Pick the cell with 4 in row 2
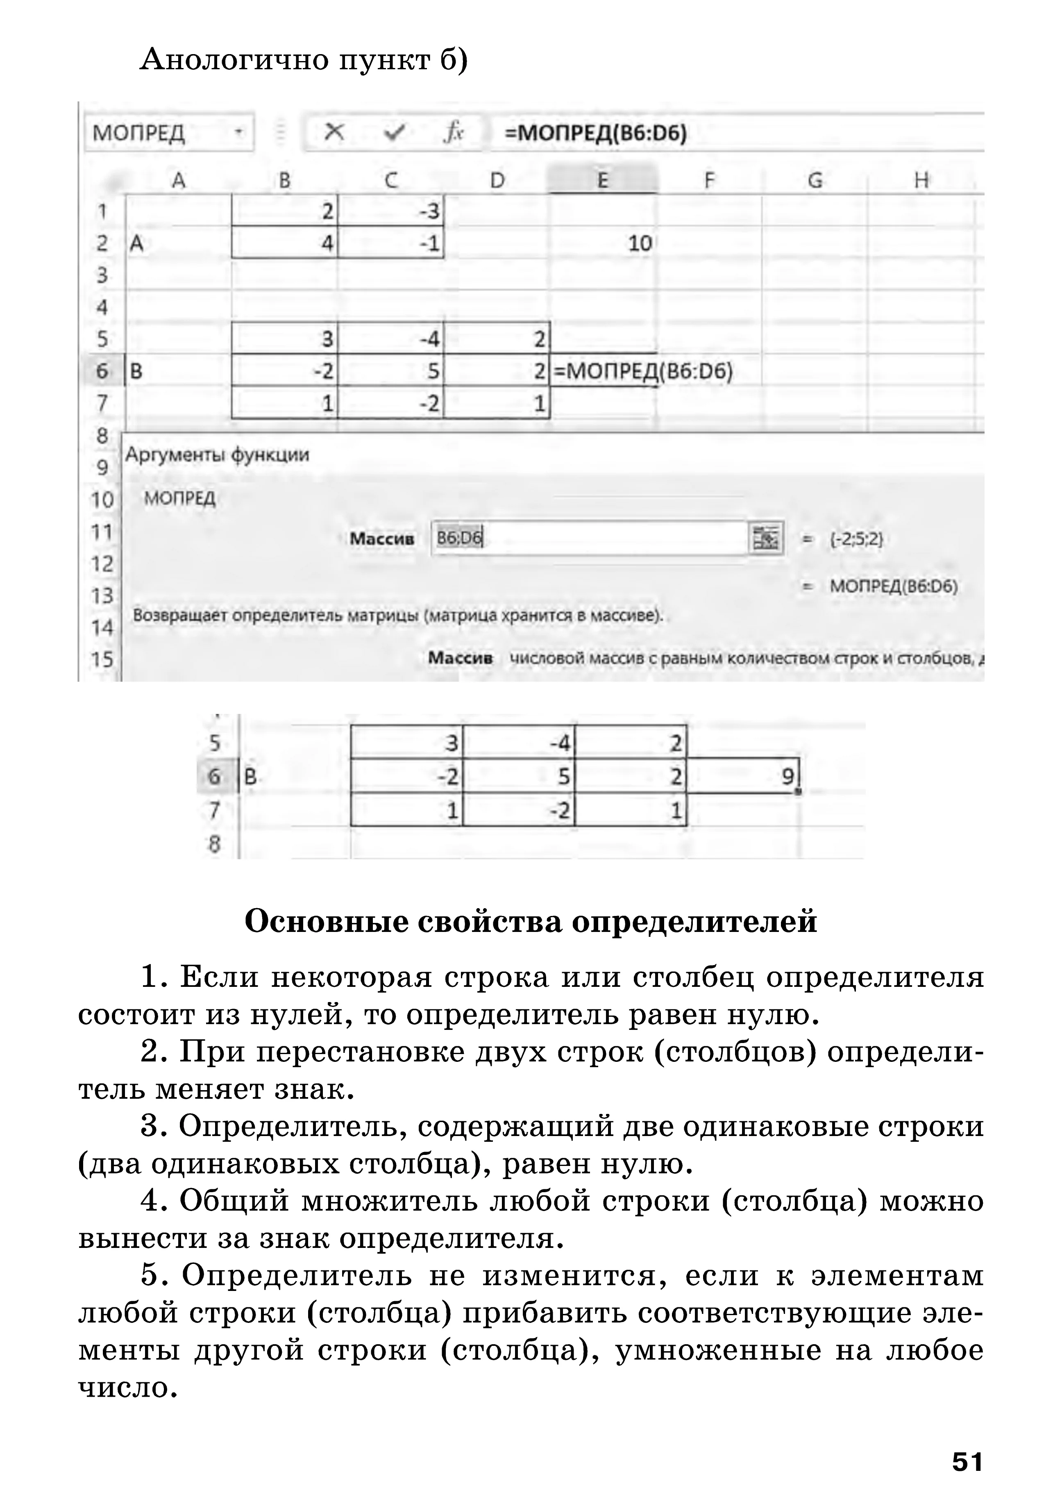click(x=285, y=243)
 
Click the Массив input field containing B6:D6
click(x=588, y=538)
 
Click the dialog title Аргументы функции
click(x=217, y=454)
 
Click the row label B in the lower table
click(x=250, y=777)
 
